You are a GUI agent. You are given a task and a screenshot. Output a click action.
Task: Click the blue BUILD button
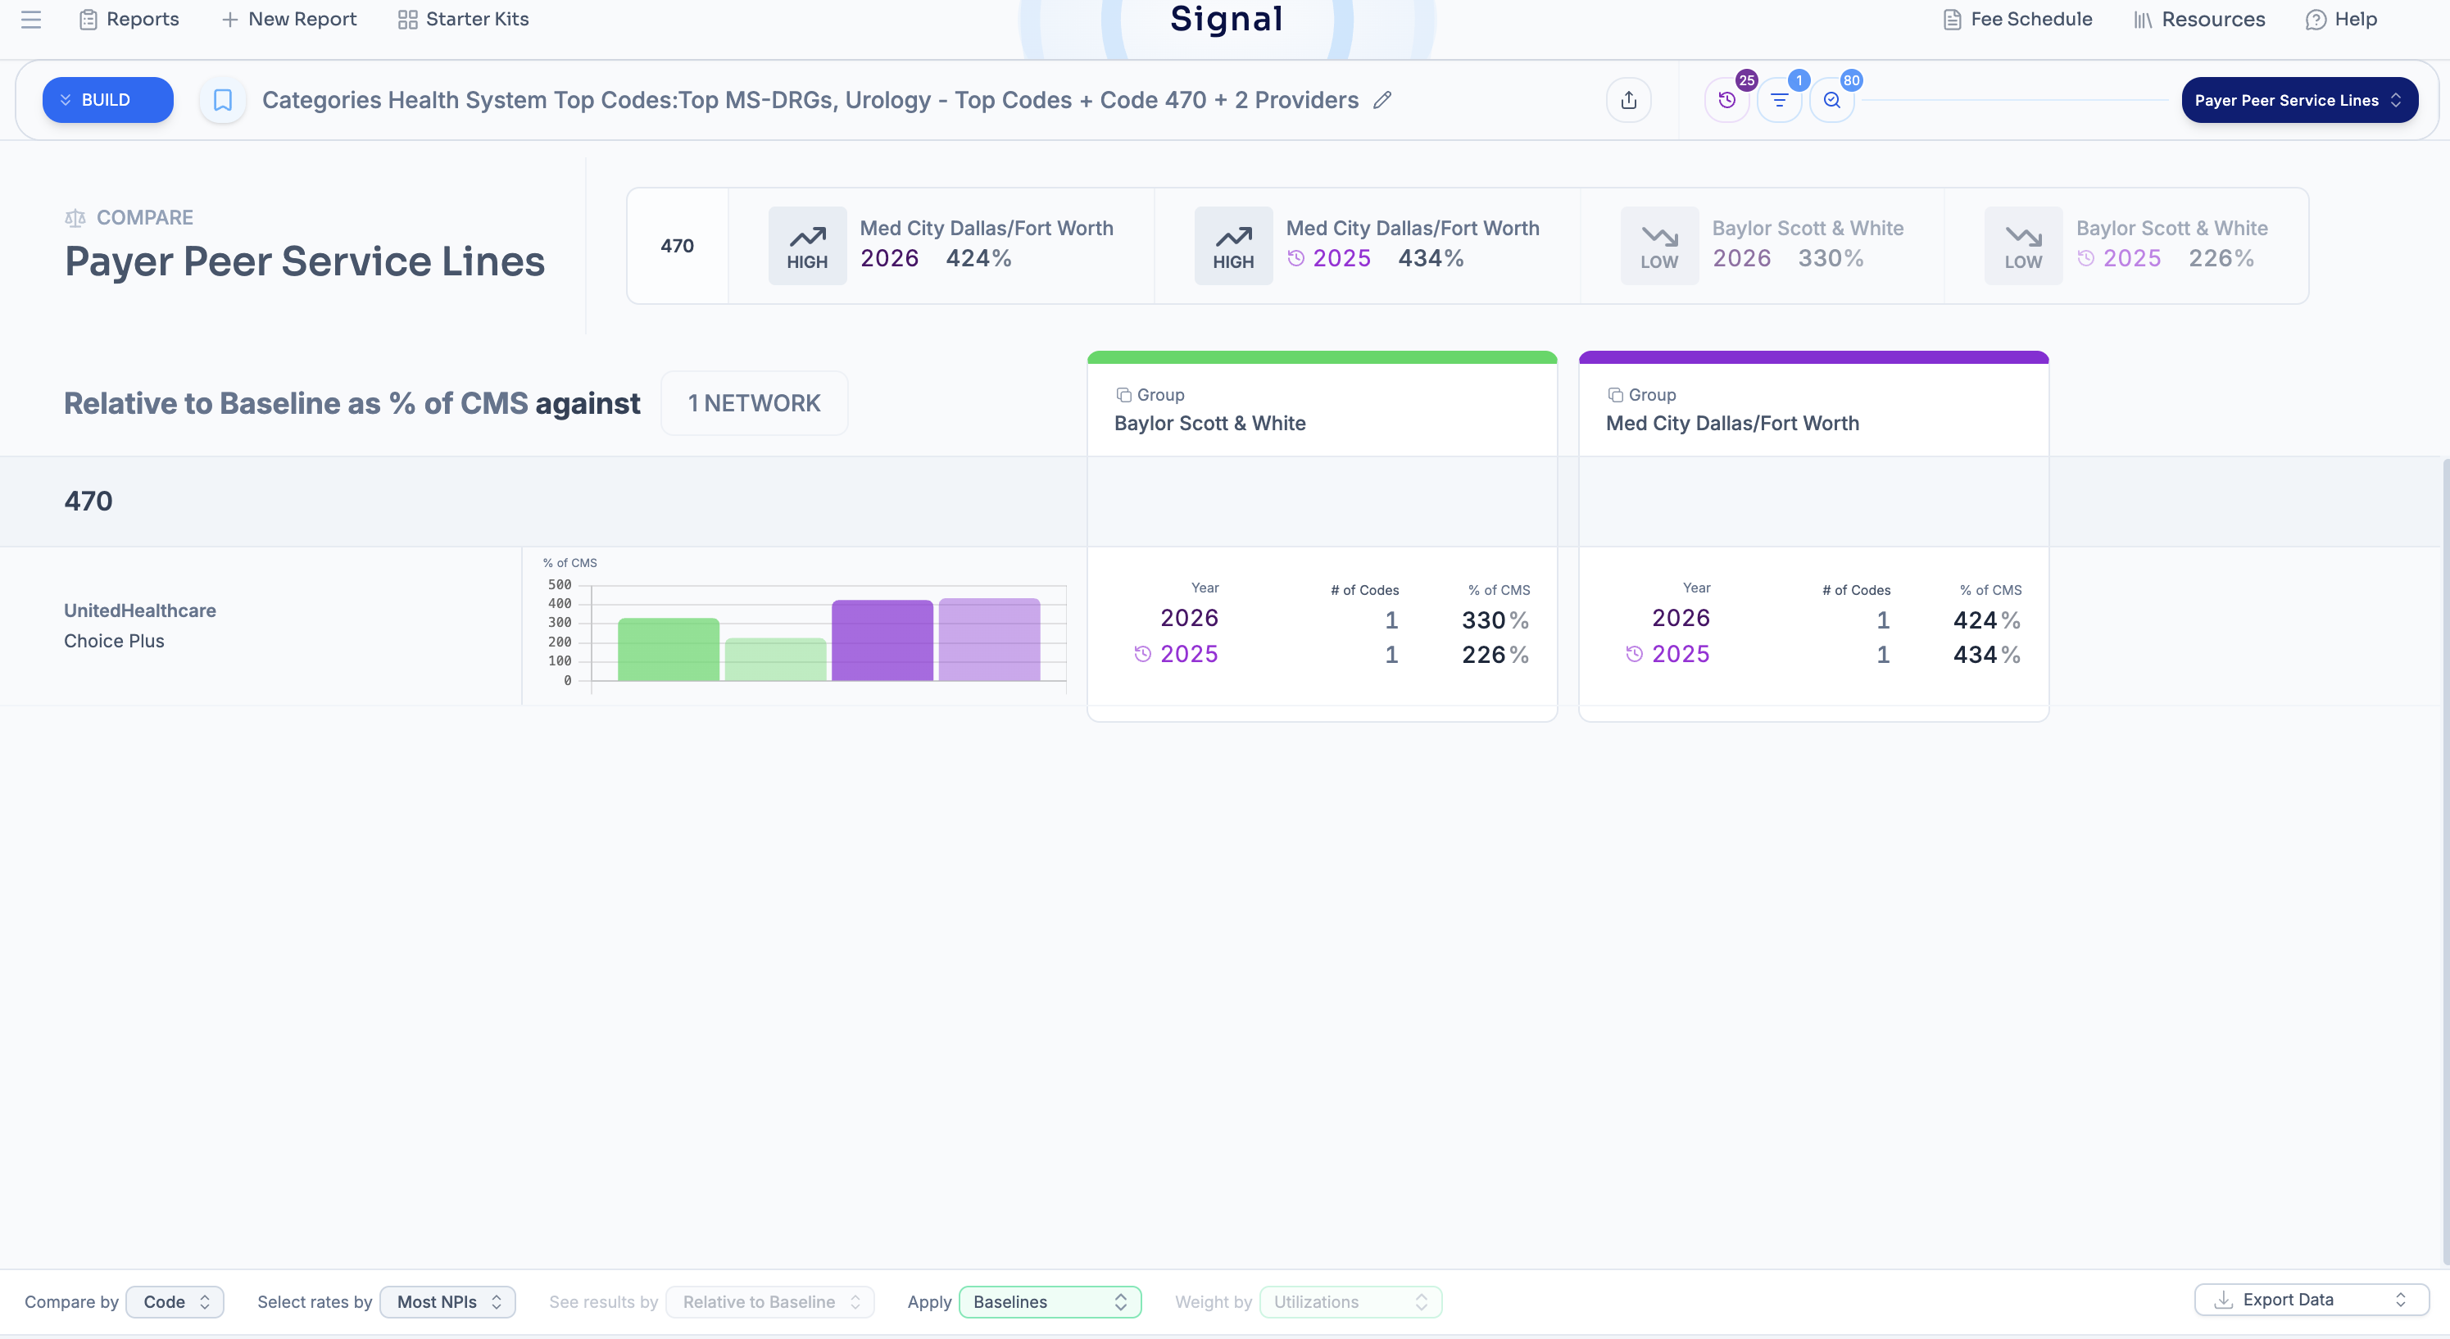tap(107, 100)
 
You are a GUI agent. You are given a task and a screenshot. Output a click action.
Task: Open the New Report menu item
tap(289, 19)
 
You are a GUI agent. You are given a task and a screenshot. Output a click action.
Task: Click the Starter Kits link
tap(463, 19)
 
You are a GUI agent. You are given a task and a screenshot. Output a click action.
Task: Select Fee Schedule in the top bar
tap(2017, 19)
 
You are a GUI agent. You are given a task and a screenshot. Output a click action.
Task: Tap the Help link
tap(2342, 19)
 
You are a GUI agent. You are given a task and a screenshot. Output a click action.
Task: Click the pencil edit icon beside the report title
tap(1382, 100)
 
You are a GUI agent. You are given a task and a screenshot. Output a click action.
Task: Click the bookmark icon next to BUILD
tap(223, 100)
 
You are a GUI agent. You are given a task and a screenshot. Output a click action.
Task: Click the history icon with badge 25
tap(1727, 100)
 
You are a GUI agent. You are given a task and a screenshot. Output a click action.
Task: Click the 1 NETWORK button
tap(754, 403)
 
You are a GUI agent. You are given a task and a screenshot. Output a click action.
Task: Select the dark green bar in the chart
tap(669, 650)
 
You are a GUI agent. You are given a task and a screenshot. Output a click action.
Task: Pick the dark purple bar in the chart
tap(882, 640)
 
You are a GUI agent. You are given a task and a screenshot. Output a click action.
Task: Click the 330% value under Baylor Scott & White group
tap(1495, 620)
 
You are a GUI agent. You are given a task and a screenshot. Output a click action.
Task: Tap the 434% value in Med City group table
tap(1987, 654)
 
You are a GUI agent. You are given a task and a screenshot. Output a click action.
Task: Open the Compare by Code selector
tap(175, 1302)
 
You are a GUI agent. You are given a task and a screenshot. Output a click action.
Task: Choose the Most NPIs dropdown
tap(448, 1302)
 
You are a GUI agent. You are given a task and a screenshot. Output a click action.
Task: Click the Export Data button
tap(2312, 1300)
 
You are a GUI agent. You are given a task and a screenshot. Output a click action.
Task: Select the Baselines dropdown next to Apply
tap(1050, 1302)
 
